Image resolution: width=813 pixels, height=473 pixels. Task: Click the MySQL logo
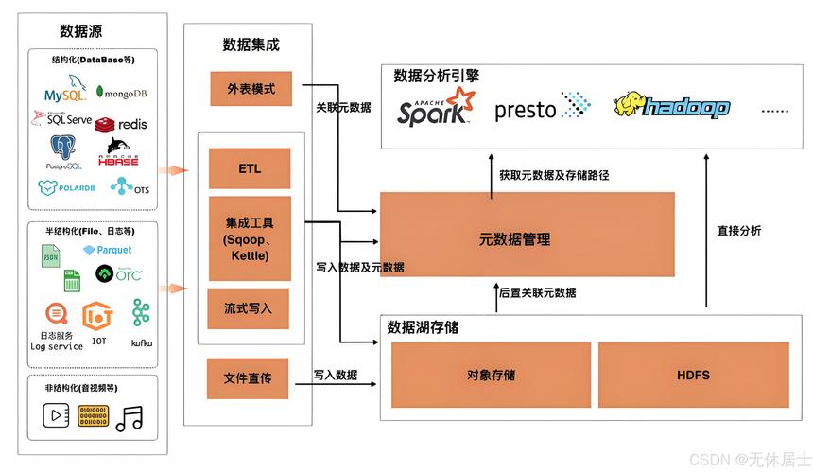(x=65, y=93)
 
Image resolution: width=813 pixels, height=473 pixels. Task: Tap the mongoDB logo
(x=121, y=93)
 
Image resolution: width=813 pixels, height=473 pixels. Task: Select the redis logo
(x=121, y=123)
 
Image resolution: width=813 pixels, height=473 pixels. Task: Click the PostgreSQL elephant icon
(x=63, y=149)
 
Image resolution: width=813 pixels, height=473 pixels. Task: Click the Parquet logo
(x=107, y=250)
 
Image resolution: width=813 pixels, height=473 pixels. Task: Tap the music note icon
(x=129, y=417)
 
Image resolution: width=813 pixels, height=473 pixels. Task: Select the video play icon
(x=57, y=415)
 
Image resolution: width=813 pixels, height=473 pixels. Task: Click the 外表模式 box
(x=250, y=89)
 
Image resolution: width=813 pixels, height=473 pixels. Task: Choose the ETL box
(x=250, y=169)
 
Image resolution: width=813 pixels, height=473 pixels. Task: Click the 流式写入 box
(x=250, y=308)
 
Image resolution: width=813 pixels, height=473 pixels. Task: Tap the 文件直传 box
(x=250, y=377)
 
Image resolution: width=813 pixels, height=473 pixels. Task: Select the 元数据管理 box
(x=527, y=239)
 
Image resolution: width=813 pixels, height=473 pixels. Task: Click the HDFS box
(x=693, y=375)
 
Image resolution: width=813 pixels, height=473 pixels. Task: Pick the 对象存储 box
(x=491, y=375)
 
